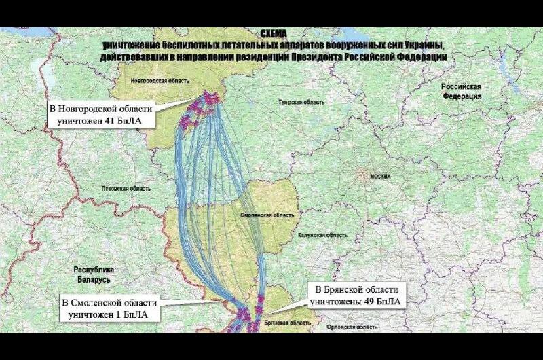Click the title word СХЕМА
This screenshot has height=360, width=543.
274,33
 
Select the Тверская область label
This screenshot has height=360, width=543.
301,101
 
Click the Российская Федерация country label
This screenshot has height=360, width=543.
462,91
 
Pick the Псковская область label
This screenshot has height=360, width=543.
126,188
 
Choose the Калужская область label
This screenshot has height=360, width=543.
322,235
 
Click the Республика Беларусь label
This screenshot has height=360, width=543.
93,274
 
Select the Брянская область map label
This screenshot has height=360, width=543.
283,323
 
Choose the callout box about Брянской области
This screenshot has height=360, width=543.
357,294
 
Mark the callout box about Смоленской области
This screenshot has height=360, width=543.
109,308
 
